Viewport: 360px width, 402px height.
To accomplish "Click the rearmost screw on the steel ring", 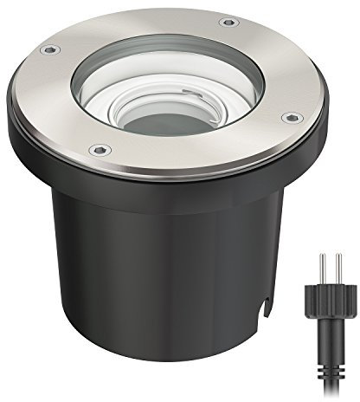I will click(x=228, y=22).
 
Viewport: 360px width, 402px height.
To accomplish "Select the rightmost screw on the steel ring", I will click(x=290, y=117).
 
